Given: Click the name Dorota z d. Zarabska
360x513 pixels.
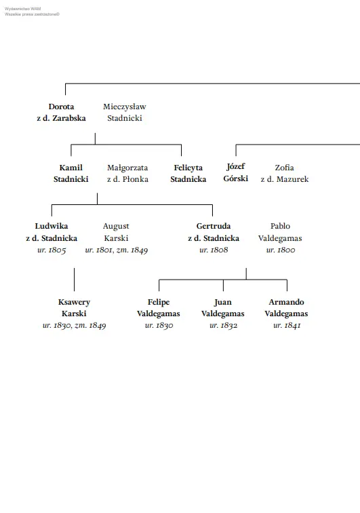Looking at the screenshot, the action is [61, 112].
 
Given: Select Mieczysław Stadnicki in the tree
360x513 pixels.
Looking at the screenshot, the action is [125, 112].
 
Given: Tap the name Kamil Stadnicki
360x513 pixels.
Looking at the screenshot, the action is [71, 174].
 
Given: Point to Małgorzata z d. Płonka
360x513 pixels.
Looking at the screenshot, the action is [127, 174].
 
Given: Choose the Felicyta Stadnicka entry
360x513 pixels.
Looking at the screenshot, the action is [188, 174].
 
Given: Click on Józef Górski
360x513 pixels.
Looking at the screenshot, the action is [236, 172].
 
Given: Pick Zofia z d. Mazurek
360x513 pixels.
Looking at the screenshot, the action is [285, 174].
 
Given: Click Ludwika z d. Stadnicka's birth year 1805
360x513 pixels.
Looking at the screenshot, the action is [52, 250].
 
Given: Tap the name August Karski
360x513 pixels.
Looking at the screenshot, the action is [116, 232].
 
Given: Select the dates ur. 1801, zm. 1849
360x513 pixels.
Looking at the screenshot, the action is [117, 250].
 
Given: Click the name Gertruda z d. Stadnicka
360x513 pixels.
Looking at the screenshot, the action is [214, 232].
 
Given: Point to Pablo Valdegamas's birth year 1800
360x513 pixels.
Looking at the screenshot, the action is [281, 250].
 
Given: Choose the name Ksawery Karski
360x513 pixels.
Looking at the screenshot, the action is [74, 307].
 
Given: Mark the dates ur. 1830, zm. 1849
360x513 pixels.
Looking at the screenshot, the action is [74, 326].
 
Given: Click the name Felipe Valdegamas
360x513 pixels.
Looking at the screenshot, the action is [159, 307].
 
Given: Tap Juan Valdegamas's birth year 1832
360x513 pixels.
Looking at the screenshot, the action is [224, 326].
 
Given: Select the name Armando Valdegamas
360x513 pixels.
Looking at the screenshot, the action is [286, 307].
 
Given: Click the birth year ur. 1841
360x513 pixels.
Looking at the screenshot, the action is [287, 326].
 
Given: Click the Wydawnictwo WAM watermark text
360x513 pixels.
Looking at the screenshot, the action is [22, 9].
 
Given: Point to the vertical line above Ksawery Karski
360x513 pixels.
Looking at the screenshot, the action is [74, 280].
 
